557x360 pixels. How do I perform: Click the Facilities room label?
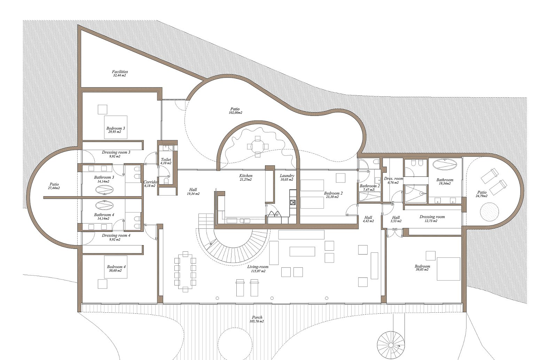pyautogui.click(x=120, y=72)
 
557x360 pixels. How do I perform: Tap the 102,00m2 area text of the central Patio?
pyautogui.click(x=235, y=112)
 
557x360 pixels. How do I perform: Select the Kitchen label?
pyautogui.click(x=246, y=176)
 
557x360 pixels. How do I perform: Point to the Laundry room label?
pyautogui.click(x=287, y=176)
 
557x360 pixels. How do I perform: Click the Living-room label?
pyautogui.click(x=258, y=267)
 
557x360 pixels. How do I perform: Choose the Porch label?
pyautogui.click(x=257, y=318)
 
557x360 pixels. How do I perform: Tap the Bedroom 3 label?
pyautogui.click(x=116, y=128)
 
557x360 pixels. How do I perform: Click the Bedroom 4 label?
pyautogui.click(x=116, y=267)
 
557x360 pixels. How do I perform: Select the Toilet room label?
pyautogui.click(x=166, y=159)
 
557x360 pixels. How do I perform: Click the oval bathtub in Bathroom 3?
pyautogui.click(x=104, y=190)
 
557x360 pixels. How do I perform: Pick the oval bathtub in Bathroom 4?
pyautogui.click(x=104, y=205)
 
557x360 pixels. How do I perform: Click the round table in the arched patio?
pyautogui.click(x=258, y=147)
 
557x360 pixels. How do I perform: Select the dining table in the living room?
pyautogui.click(x=185, y=272)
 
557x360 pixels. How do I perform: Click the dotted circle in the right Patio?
pyautogui.click(x=489, y=212)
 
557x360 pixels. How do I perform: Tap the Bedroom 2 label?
pyautogui.click(x=333, y=193)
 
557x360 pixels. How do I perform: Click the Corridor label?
pyautogui.click(x=150, y=182)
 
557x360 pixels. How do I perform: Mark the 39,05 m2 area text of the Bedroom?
pyautogui.click(x=422, y=269)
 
